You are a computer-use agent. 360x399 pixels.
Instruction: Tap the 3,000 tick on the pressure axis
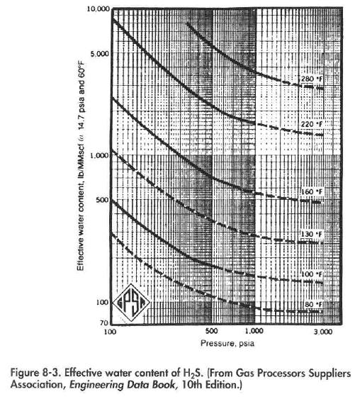click(322, 332)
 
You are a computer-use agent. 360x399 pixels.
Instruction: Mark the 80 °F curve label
click(313, 305)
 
